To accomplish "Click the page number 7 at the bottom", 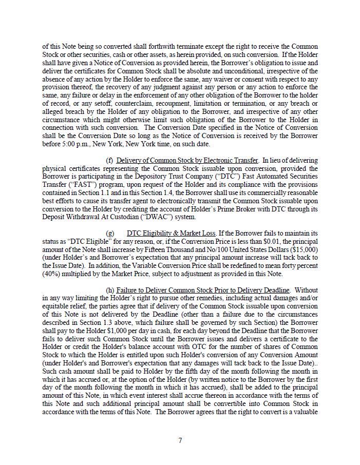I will [x=180, y=440].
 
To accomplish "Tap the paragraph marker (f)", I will [x=109, y=161].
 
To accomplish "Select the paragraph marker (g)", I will [x=109, y=233].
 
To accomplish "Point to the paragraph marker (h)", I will [x=110, y=290].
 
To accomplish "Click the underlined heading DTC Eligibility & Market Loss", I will [x=171, y=233].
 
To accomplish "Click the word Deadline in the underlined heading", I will [x=274, y=290].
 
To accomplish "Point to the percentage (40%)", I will [x=52, y=274].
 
